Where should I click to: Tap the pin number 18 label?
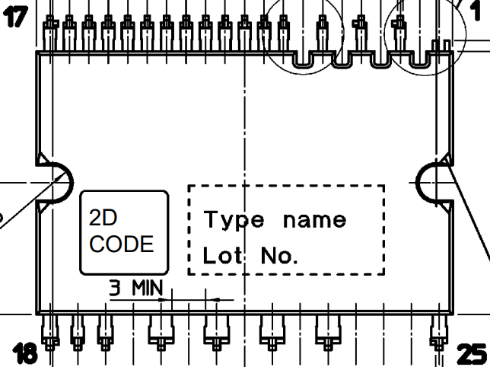[25, 352]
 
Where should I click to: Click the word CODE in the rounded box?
[122, 244]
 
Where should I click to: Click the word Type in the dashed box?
[234, 221]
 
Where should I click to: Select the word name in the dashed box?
[314, 221]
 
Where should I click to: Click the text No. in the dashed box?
[278, 257]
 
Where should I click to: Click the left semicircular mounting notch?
[53, 183]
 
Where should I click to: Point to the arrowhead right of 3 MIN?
[216, 300]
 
